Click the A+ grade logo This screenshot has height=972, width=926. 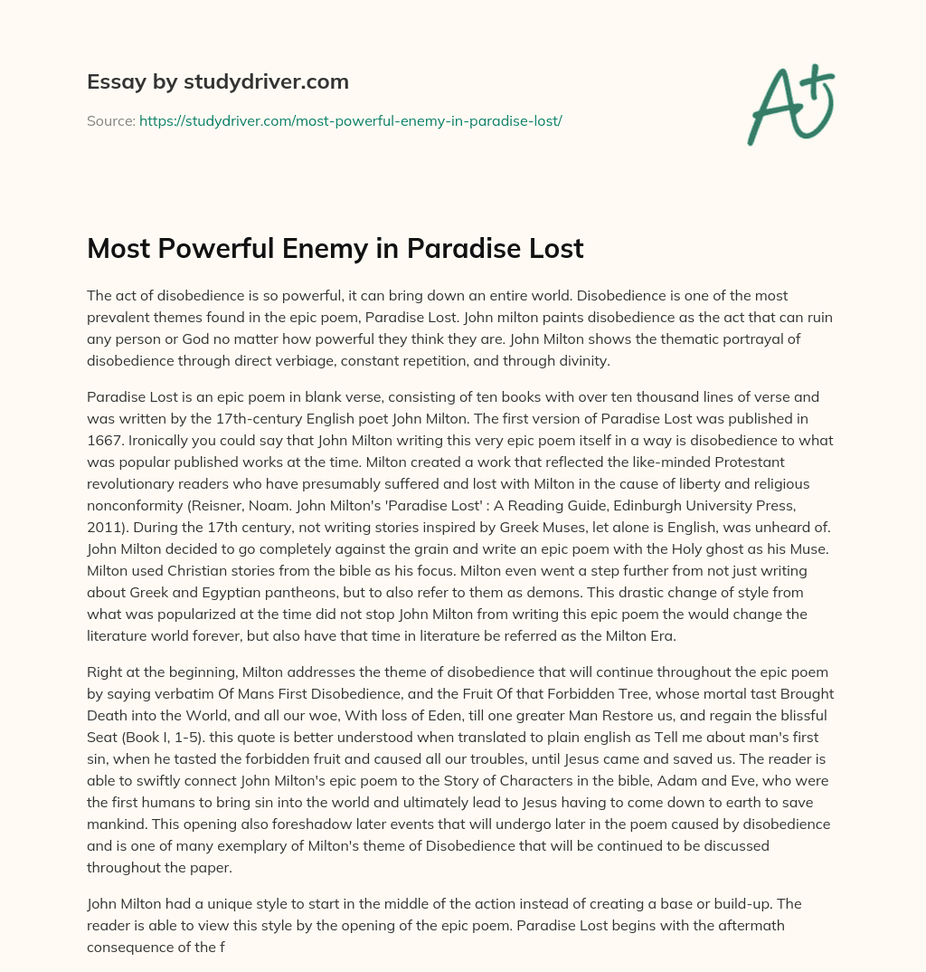(789, 104)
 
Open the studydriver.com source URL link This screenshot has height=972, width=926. (351, 120)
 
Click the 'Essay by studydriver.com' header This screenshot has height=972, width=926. (218, 82)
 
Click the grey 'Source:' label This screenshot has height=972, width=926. (110, 120)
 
